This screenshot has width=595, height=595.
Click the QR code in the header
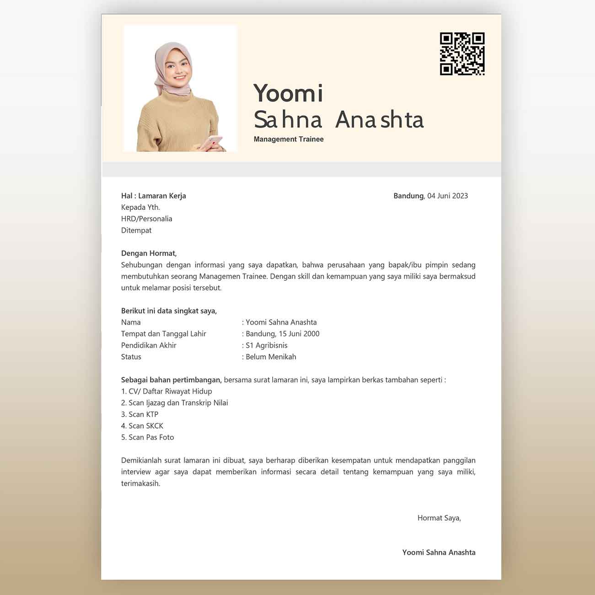(x=462, y=54)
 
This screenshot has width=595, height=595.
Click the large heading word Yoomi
(x=288, y=93)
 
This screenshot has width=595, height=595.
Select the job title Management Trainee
(x=289, y=139)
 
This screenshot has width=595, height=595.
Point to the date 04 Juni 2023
(x=447, y=196)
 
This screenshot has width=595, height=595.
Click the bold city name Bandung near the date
(x=408, y=196)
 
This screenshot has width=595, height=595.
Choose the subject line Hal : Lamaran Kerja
(x=153, y=196)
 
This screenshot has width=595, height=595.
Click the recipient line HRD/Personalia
(x=146, y=219)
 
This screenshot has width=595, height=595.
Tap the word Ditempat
(x=136, y=230)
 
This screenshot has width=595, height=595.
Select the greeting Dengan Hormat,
(x=149, y=253)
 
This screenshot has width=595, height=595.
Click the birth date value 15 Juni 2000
(x=299, y=334)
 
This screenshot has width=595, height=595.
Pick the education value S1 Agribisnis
(x=267, y=345)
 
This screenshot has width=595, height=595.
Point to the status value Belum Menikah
(x=271, y=357)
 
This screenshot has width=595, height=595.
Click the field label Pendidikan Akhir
(x=149, y=345)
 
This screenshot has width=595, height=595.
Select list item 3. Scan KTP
(x=139, y=414)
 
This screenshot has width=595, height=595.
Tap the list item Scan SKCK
(x=145, y=426)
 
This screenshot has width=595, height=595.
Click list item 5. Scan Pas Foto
(x=147, y=437)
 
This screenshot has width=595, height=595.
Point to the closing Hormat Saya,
(x=439, y=518)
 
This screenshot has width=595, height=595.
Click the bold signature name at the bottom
(x=439, y=552)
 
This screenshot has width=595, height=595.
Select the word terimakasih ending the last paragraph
(x=140, y=483)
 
